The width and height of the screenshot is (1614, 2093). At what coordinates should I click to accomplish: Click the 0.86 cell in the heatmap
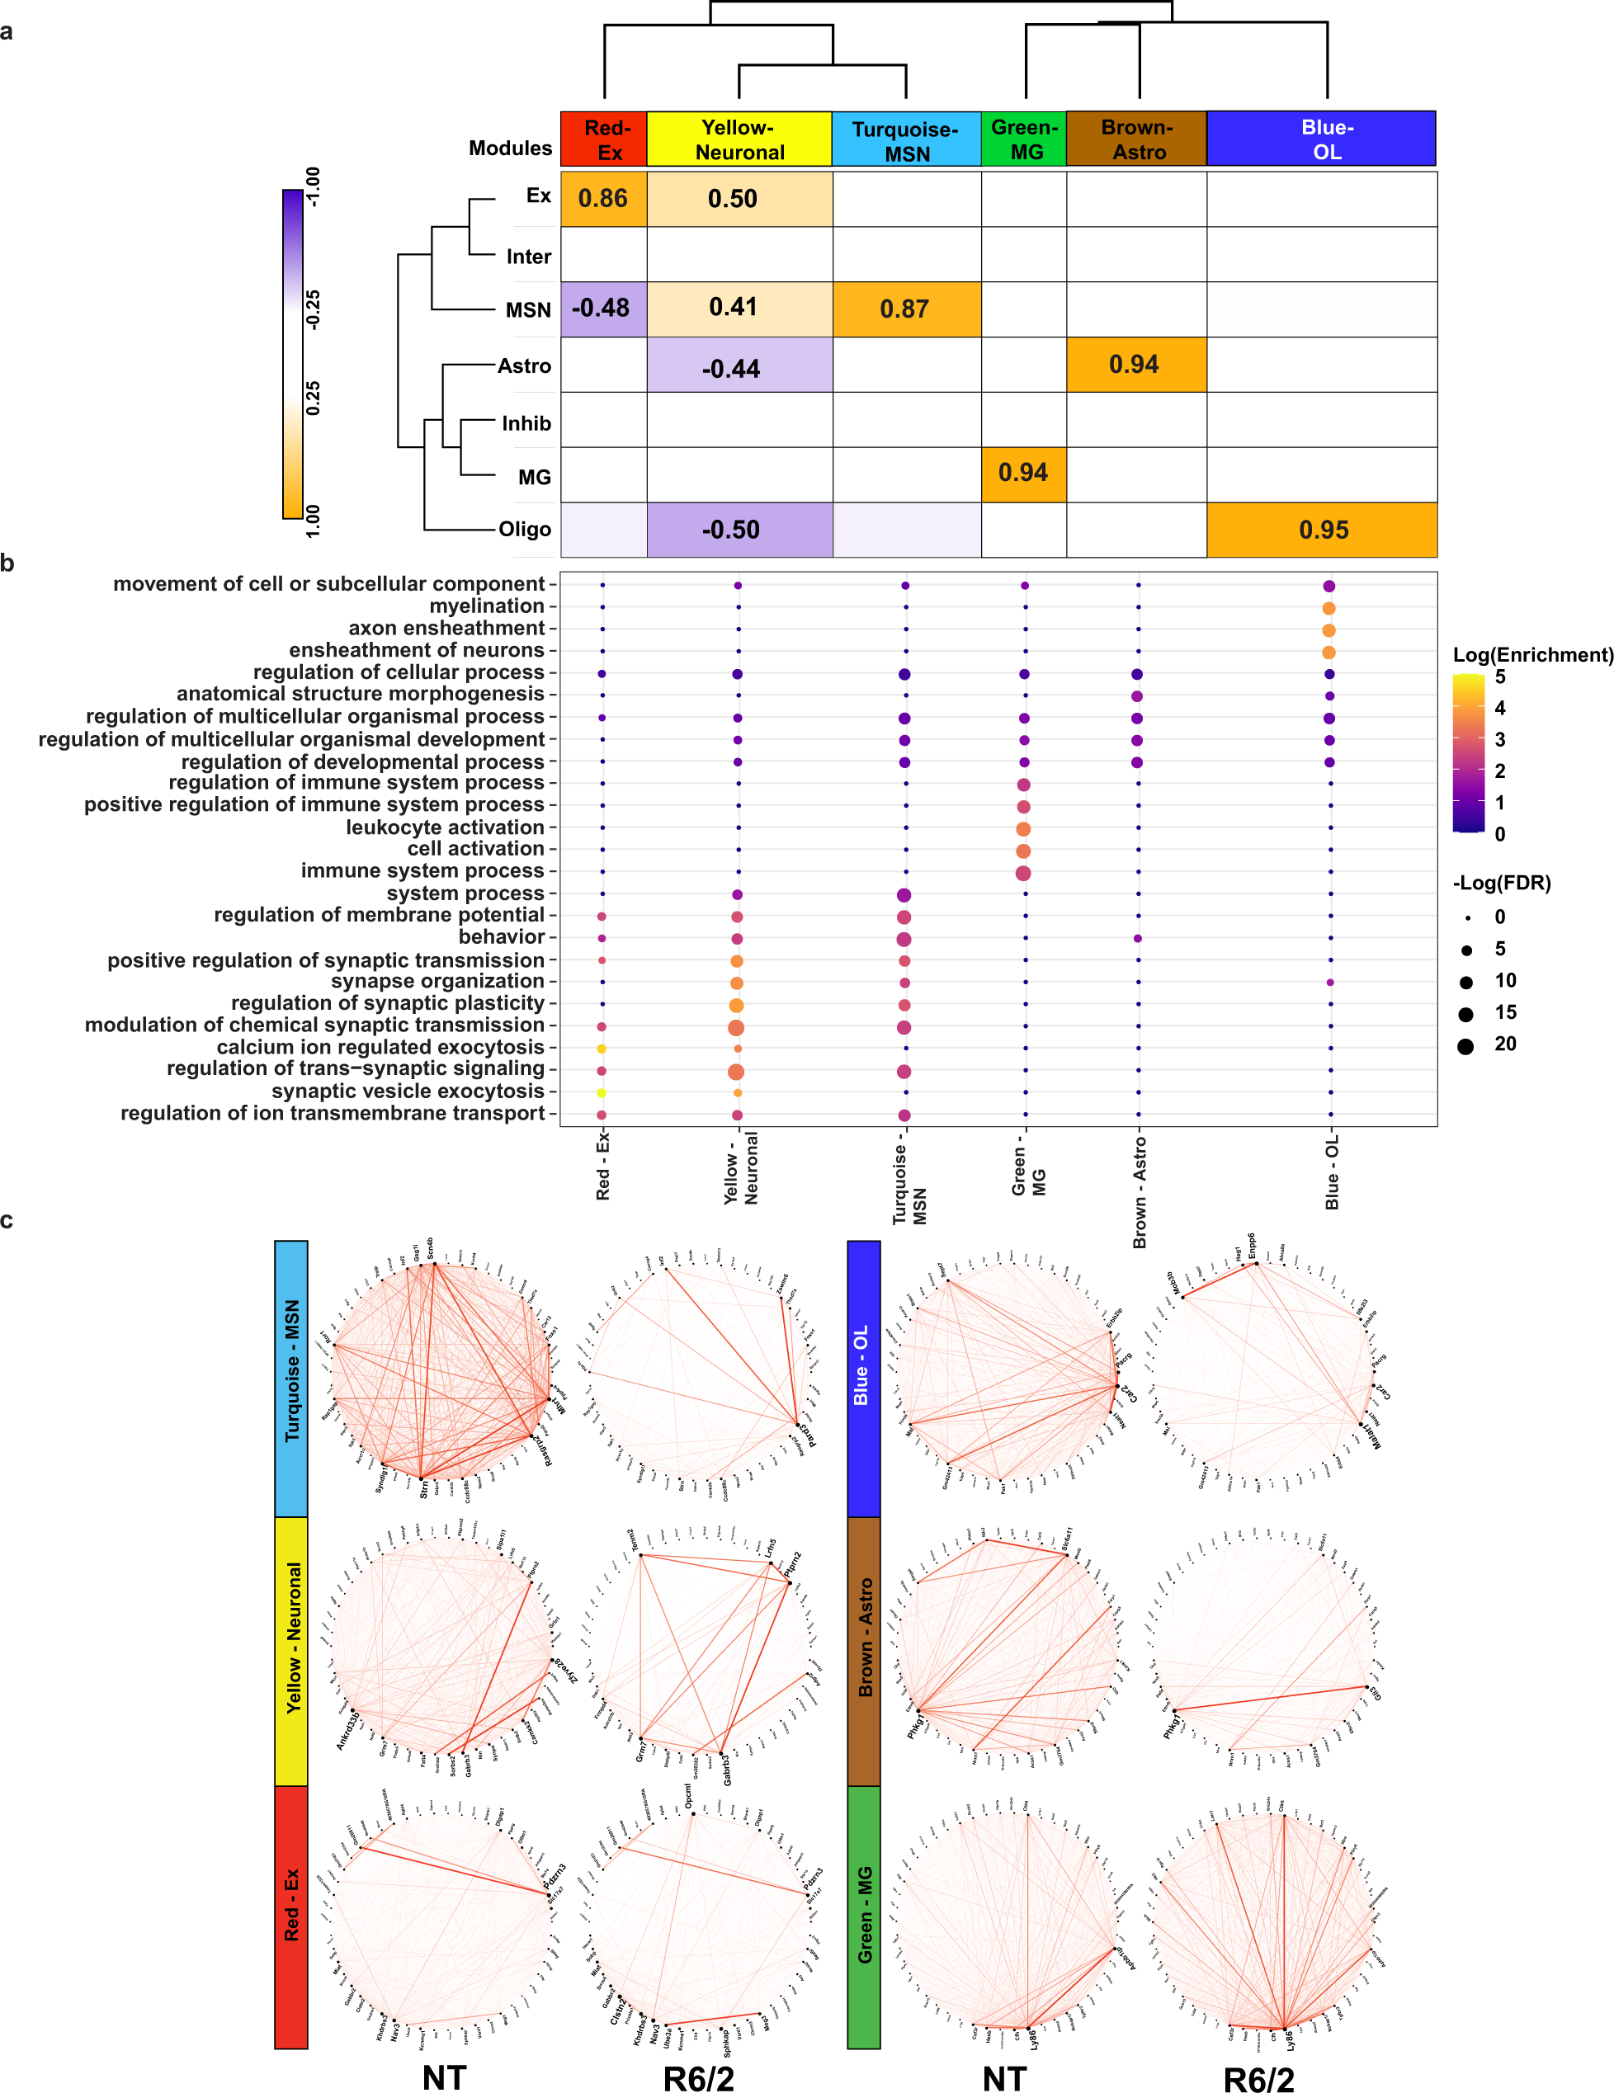point(603,198)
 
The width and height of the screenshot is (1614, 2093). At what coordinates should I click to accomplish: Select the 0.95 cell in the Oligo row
point(1323,530)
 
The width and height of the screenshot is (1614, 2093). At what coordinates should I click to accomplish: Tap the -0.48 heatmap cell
point(601,309)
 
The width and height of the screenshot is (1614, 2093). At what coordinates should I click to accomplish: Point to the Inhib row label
point(526,423)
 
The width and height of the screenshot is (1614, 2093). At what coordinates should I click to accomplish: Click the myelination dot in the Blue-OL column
point(1328,609)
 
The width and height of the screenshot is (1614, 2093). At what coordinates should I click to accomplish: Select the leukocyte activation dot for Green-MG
point(1024,829)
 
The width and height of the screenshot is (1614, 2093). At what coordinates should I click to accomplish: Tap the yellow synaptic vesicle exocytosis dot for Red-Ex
point(602,1092)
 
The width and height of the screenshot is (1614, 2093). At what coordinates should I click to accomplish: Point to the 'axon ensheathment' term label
point(446,629)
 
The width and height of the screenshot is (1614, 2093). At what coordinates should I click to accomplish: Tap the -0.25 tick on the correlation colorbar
point(314,309)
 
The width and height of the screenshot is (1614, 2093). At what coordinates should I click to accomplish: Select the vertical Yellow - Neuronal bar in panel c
point(291,1650)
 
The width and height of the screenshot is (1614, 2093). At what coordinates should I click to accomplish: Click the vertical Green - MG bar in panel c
point(864,1916)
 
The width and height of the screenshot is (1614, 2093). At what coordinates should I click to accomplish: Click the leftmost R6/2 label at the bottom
point(699,2077)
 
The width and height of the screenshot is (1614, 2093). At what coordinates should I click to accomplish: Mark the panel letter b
point(7,563)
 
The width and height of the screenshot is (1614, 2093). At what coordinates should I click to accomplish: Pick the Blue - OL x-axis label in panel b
point(1331,1173)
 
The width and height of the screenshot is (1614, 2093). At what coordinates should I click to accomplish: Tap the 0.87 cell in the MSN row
point(904,309)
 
